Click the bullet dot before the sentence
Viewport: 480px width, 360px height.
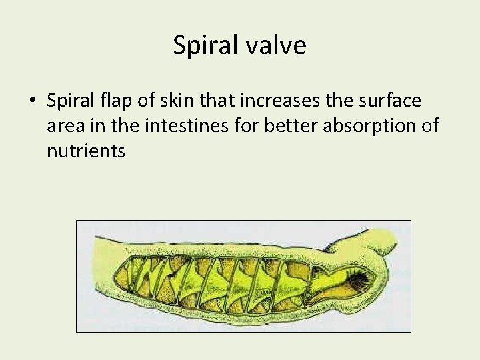32,101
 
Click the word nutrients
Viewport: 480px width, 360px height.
86,151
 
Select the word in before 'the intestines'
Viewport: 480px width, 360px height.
105,126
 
